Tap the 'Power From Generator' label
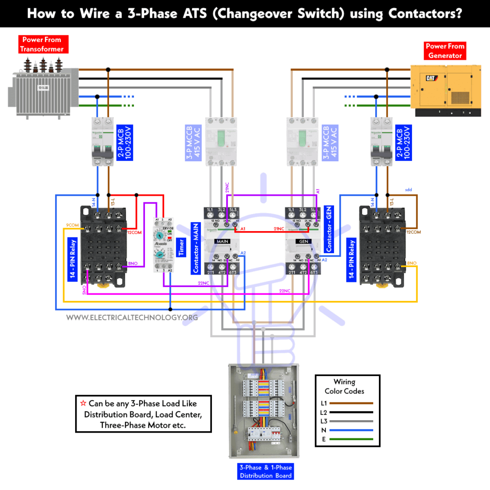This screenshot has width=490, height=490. pos(445,51)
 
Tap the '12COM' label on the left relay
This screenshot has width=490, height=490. pos(134,232)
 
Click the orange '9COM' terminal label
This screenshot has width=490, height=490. pos(72,224)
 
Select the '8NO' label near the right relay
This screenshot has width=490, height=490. pos(412,264)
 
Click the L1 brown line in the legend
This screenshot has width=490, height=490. pos(353,402)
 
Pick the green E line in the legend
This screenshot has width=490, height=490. pos(353,439)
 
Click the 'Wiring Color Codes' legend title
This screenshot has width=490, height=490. pos(345,386)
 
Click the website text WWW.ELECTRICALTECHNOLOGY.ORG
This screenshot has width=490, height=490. pos(132,317)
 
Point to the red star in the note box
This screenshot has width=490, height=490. pos(83,403)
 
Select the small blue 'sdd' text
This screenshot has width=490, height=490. pos(409,189)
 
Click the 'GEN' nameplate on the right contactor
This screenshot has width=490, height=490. pos(303,242)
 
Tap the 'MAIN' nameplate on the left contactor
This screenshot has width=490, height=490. pos(223,242)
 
